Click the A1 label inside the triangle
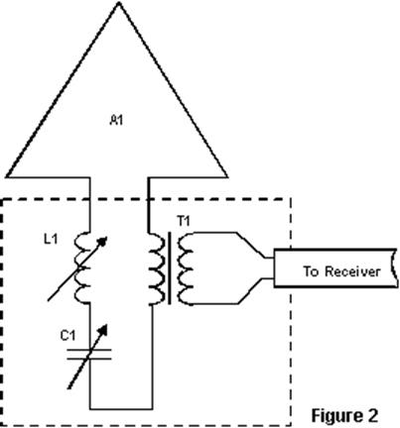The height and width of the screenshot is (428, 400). coord(116,120)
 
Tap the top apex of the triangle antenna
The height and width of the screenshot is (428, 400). coord(118,3)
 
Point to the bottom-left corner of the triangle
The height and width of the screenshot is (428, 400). coord(7,176)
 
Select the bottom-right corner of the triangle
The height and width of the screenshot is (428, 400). coord(227,176)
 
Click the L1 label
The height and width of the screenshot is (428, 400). coord(51,239)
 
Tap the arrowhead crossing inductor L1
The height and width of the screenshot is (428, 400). coord(103,241)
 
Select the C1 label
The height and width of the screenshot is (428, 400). coord(67,336)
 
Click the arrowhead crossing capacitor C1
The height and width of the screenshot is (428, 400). coord(103,329)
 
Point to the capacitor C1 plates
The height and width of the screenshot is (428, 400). coord(89,354)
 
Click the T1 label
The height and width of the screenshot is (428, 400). coord(184,221)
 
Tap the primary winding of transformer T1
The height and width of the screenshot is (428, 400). coord(157,268)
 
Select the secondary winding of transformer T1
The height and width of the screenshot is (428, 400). coord(186,268)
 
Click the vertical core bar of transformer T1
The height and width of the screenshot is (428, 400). coord(170,268)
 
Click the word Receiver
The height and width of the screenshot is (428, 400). coord(352,271)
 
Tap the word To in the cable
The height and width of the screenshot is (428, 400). coord(312,271)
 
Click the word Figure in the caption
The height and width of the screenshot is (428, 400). coord(334,415)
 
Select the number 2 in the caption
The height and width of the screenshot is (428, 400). coord(372,415)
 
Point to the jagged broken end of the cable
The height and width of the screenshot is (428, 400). coord(394,267)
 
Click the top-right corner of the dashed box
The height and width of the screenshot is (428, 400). coord(291,199)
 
